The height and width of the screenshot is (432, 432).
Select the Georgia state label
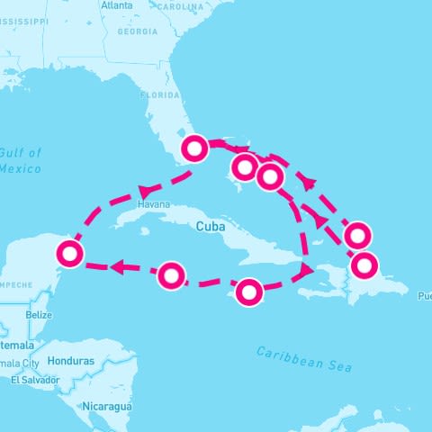click(137, 31)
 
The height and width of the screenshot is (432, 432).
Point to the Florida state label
click(160, 93)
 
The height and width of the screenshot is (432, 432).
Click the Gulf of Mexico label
click(20, 160)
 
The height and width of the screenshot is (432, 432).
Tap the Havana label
click(153, 204)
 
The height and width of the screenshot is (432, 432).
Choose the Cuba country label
click(209, 228)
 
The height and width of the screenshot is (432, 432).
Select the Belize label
click(39, 315)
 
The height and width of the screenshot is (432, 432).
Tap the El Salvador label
click(34, 380)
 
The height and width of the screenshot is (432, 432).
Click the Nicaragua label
click(109, 407)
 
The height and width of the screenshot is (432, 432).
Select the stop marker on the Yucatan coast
click(69, 254)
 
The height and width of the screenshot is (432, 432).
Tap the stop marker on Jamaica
click(249, 292)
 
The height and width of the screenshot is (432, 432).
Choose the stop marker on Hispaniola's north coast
click(364, 265)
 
